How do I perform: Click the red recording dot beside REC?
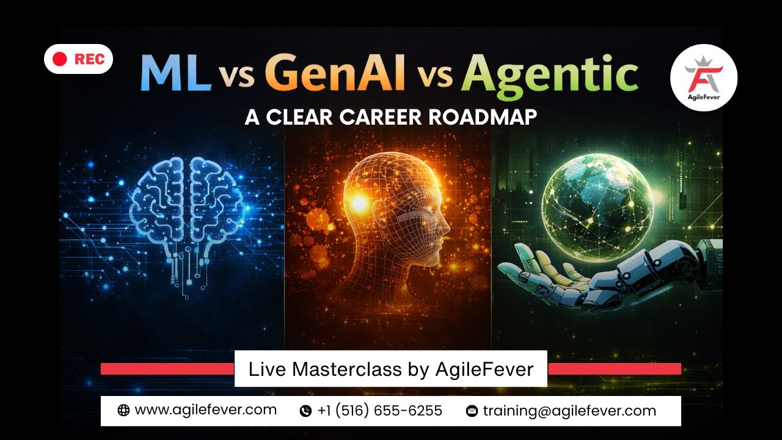coord(59,59)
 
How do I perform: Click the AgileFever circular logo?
coord(703,78)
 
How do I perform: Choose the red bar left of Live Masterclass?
coord(167,369)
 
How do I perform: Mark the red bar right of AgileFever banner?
coord(614,369)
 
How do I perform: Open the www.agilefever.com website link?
coord(205,410)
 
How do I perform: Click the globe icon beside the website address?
coord(123,411)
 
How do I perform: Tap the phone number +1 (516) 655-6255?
coord(379,411)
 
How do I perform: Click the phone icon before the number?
coord(305,411)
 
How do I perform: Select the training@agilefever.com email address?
coord(569,411)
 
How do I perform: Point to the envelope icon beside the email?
coord(472,411)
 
